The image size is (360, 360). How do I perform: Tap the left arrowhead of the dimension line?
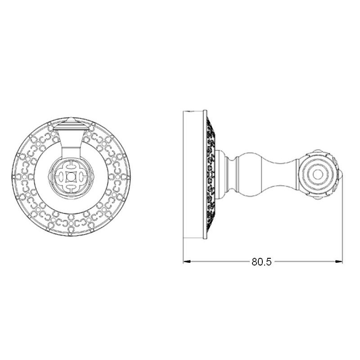186,261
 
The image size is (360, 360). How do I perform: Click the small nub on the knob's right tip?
341,175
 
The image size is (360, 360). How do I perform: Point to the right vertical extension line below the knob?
342,225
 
